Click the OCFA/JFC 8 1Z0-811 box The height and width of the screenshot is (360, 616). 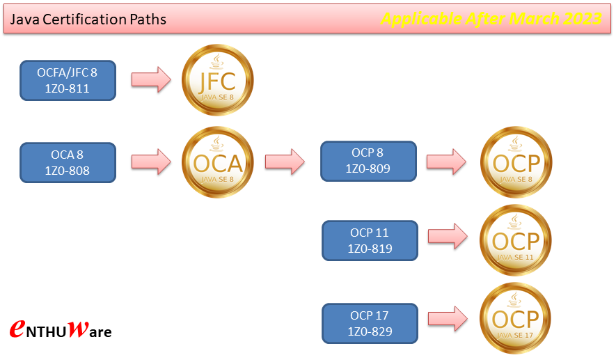click(68, 80)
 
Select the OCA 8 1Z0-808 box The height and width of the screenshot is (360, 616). click(68, 162)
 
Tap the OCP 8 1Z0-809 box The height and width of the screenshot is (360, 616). click(368, 161)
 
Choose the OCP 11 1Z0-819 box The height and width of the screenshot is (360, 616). click(370, 241)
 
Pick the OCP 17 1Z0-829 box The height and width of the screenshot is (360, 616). click(370, 324)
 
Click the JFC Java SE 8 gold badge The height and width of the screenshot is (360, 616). click(218, 80)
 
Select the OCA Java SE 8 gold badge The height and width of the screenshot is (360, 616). click(218, 162)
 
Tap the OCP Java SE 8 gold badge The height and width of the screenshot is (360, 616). click(516, 162)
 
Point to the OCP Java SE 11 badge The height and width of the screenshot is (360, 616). click(516, 241)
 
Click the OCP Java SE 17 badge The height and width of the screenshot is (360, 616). click(516, 318)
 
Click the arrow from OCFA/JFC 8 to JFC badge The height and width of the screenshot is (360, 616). click(151, 79)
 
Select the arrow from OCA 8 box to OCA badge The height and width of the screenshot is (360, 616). click(151, 162)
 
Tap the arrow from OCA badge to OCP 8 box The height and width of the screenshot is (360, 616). click(285, 162)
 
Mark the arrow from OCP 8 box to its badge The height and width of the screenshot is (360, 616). click(446, 161)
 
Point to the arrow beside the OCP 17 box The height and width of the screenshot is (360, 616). click(447, 318)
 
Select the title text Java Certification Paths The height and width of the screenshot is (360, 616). click(88, 19)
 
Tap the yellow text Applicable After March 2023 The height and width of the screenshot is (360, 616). click(491, 19)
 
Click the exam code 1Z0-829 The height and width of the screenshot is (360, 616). click(370, 332)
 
